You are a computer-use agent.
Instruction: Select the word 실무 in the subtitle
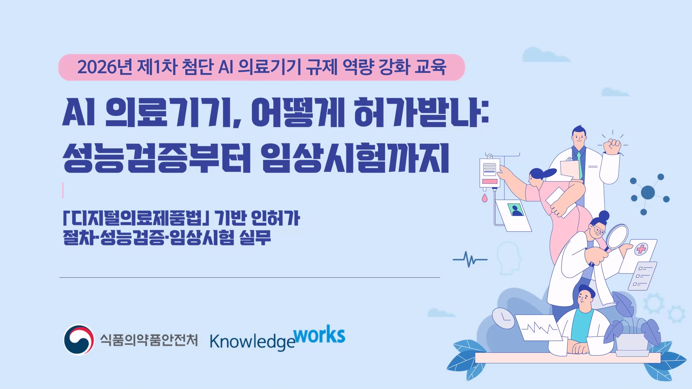[x=255, y=237]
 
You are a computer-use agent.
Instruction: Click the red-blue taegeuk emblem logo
[x=79, y=340]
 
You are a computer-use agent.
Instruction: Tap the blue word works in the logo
[x=319, y=336]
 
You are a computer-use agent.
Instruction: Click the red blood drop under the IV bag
[x=485, y=198]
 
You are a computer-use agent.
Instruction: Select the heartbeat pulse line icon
[x=470, y=259]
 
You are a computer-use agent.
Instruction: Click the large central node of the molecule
[x=648, y=193]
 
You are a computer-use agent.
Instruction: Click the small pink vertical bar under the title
[x=63, y=191]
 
